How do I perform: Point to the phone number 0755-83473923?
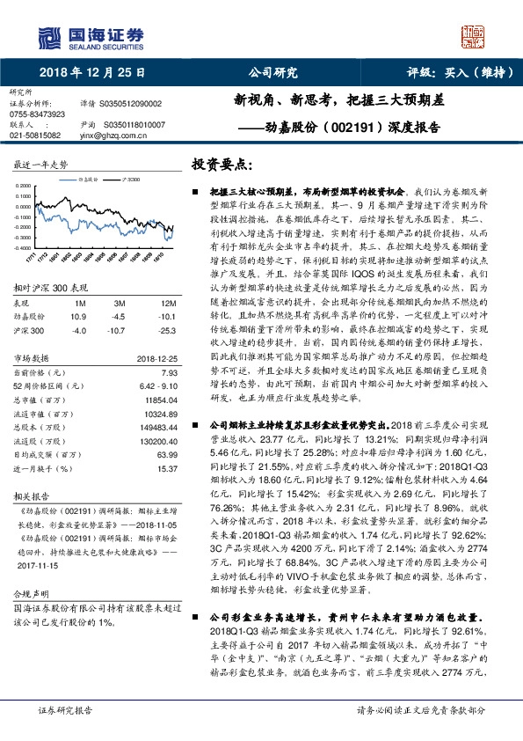pyautogui.click(x=37, y=114)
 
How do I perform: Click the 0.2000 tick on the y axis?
pyautogui.click(x=25, y=187)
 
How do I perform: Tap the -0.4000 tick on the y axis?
pyautogui.click(x=25, y=249)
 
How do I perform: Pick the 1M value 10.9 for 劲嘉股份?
pyautogui.click(x=78, y=315)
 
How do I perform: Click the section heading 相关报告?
pyautogui.click(x=31, y=495)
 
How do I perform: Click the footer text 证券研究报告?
pyautogui.click(x=65, y=710)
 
